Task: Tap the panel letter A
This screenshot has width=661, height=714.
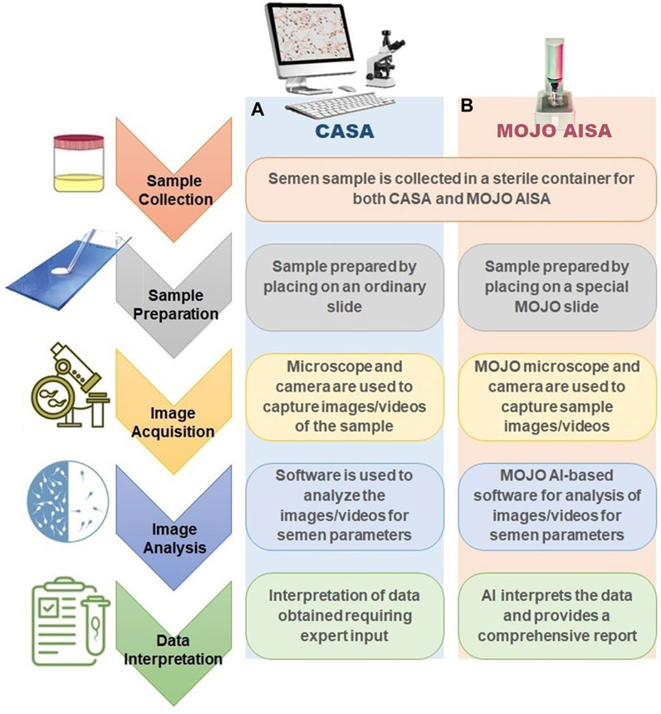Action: point(257,111)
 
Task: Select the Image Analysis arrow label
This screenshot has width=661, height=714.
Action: point(174,537)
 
